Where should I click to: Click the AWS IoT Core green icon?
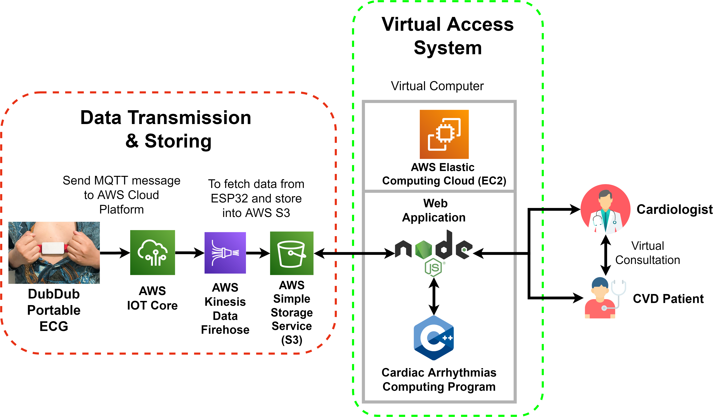click(x=152, y=252)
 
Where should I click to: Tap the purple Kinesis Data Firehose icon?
click(x=225, y=253)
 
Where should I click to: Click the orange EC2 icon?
click(x=444, y=134)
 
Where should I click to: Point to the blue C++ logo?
click(x=434, y=338)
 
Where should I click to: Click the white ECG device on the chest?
click(x=53, y=248)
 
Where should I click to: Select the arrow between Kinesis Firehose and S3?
click(x=258, y=253)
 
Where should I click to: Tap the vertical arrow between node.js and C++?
click(x=434, y=296)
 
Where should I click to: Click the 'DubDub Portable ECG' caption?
click(x=54, y=310)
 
